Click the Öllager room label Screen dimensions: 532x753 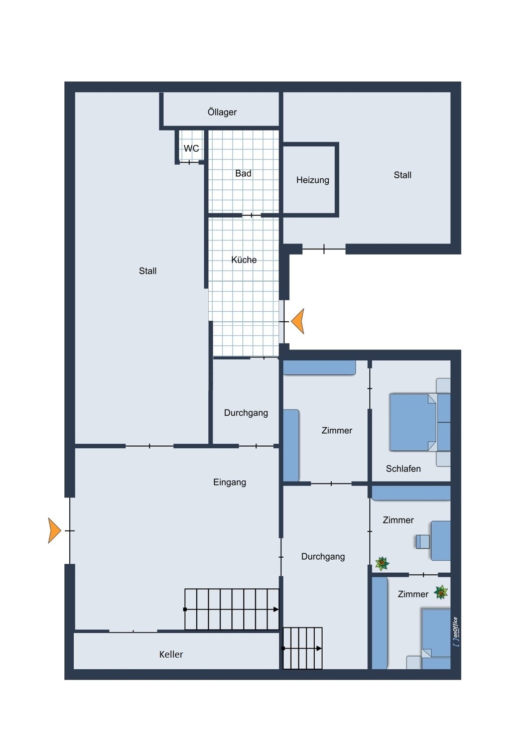click(222, 112)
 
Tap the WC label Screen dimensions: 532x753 click(191, 148)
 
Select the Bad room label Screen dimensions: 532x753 click(243, 174)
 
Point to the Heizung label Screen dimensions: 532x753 click(313, 180)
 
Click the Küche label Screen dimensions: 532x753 click(244, 260)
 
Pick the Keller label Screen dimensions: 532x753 click(171, 654)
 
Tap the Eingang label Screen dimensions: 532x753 click(229, 482)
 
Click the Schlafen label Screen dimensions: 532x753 click(404, 468)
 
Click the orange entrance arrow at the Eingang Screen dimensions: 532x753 click(54, 531)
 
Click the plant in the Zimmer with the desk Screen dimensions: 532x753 click(382, 563)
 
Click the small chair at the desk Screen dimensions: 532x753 click(423, 542)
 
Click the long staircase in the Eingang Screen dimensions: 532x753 click(231, 609)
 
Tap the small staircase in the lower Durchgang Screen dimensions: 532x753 click(303, 648)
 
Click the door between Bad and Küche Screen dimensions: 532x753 click(251, 215)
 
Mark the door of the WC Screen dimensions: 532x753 click(189, 162)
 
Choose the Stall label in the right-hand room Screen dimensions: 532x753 click(403, 175)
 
